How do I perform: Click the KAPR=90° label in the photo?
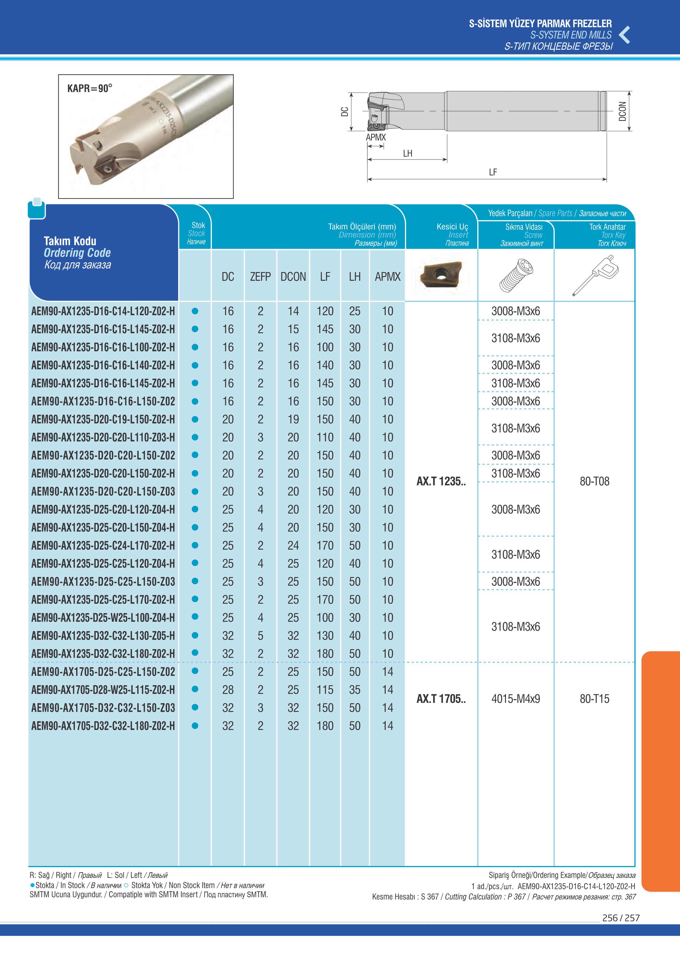pyautogui.click(x=90, y=88)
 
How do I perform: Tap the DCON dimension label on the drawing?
pyautogui.click(x=622, y=111)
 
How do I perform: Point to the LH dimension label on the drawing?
pyautogui.click(x=407, y=153)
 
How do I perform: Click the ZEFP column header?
pyautogui.click(x=260, y=277)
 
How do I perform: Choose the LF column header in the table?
pyautogui.click(x=325, y=277)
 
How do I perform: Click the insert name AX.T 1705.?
pyautogui.click(x=441, y=699)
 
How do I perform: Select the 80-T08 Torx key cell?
pyautogui.click(x=594, y=481)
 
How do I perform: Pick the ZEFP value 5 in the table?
pyautogui.click(x=260, y=636)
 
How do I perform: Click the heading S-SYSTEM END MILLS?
pyautogui.click(x=571, y=35)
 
